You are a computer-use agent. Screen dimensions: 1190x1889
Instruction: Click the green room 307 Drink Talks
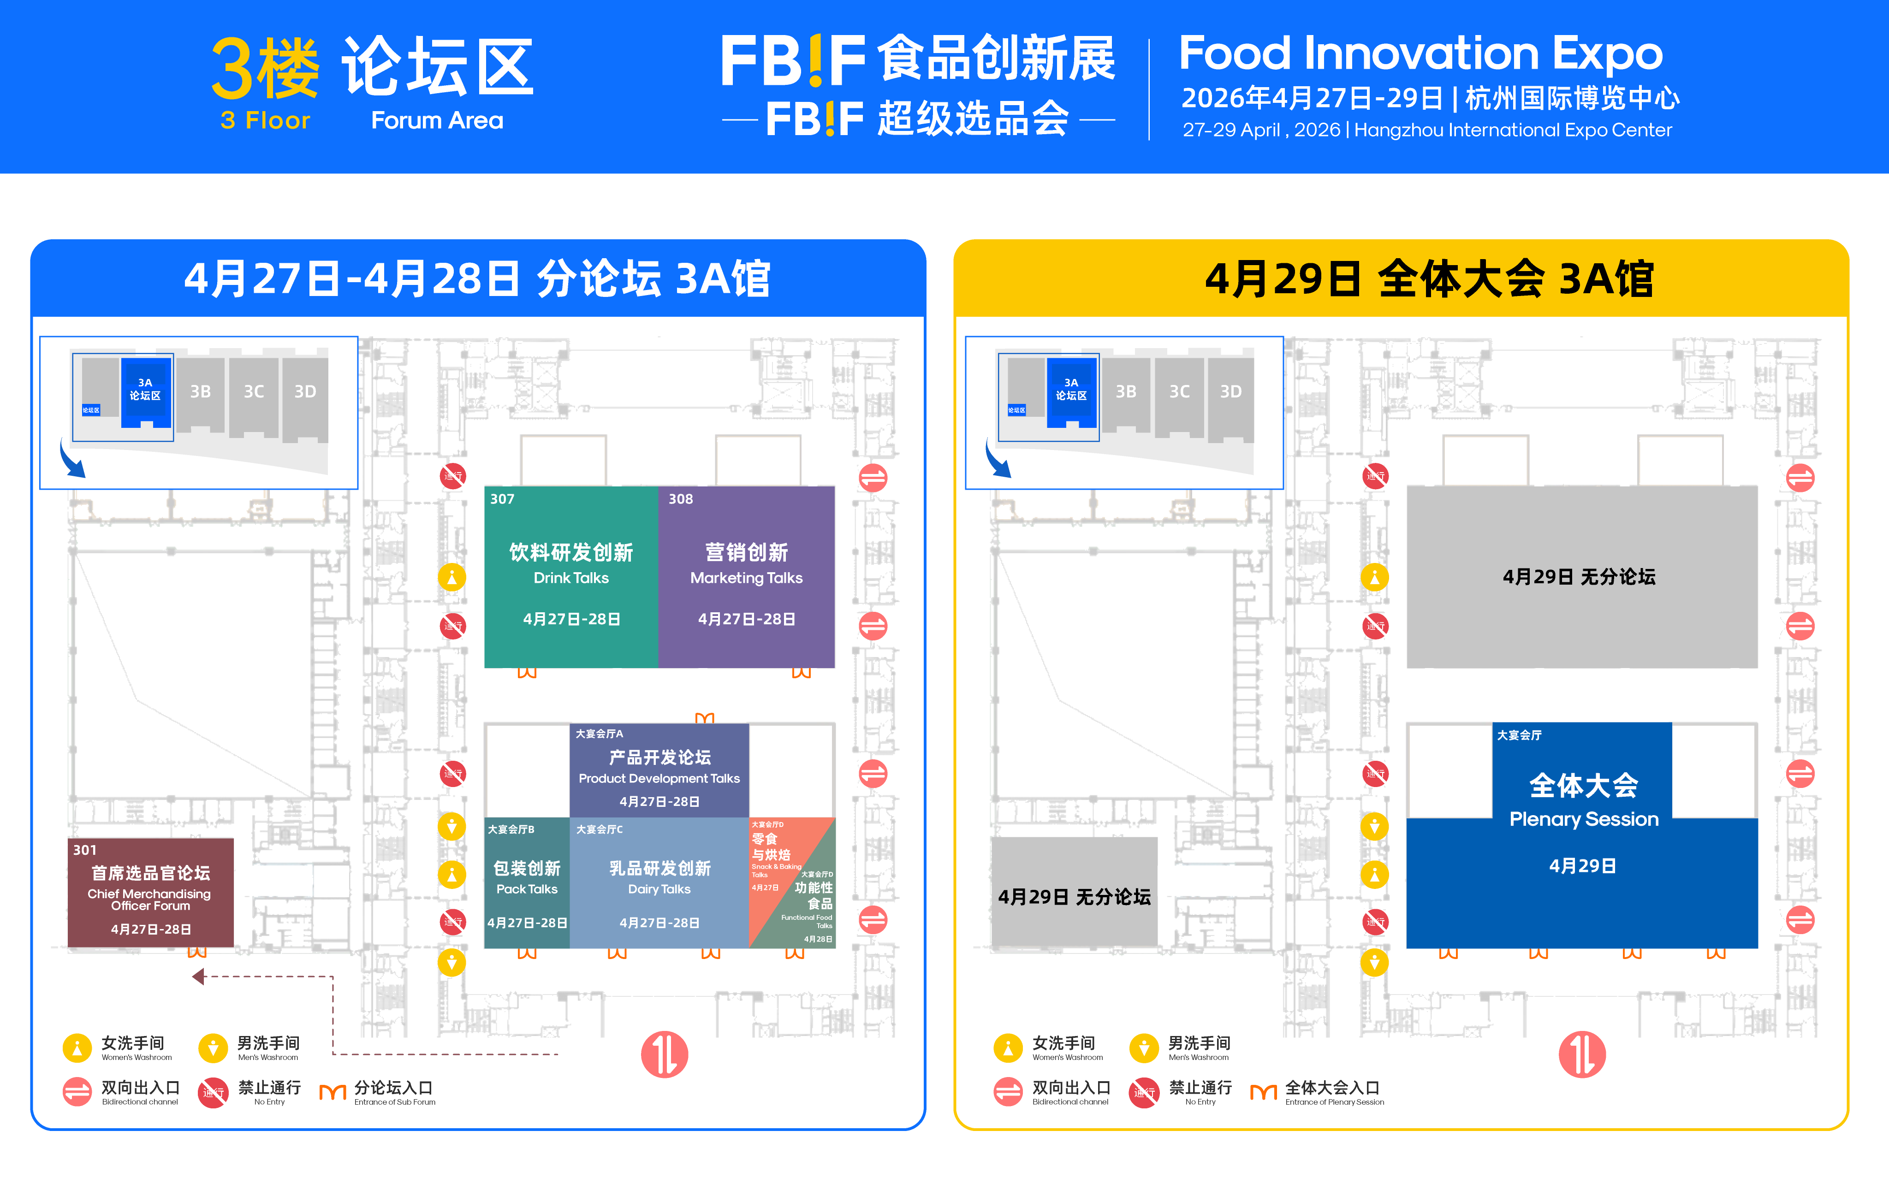571,577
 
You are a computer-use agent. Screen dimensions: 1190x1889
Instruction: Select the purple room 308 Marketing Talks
746,577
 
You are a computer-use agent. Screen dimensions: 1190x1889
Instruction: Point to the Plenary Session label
1583,819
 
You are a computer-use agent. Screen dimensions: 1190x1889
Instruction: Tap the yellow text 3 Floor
265,120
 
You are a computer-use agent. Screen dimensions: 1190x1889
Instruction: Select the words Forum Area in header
437,120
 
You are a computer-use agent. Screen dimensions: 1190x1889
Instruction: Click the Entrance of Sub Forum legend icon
333,1092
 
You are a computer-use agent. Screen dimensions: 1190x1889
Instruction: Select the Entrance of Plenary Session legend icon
1263,1092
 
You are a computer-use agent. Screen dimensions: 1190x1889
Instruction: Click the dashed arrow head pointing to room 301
198,977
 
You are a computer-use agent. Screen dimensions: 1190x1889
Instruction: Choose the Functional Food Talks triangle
812,910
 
